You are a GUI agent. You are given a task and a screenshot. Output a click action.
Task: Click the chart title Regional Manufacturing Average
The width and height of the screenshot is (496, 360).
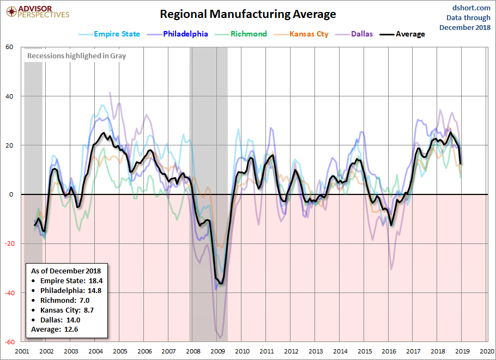click(x=248, y=14)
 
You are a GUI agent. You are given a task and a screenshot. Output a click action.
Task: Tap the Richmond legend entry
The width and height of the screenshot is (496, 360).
click(x=249, y=34)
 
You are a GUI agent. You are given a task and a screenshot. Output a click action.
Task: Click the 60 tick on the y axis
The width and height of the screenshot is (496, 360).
click(x=9, y=47)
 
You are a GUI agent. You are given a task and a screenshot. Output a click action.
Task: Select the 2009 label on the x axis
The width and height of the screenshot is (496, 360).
click(x=217, y=351)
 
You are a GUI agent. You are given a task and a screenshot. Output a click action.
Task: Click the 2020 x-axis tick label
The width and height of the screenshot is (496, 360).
click(x=487, y=351)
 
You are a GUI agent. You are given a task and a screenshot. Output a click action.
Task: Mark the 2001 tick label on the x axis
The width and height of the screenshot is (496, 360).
click(x=22, y=351)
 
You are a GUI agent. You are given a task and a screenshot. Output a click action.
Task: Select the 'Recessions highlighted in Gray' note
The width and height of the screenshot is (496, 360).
click(x=76, y=56)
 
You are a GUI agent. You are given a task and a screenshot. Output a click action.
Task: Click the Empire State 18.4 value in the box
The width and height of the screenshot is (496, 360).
click(x=71, y=281)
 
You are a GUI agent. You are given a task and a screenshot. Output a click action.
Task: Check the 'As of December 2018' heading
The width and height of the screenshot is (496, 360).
click(x=65, y=271)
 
